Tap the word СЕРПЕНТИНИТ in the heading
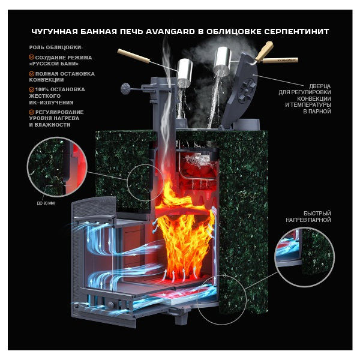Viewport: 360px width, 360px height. pos(295,31)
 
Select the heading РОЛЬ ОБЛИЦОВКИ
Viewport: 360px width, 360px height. pos(56,47)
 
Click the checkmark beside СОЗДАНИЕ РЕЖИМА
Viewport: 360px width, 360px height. pos(31,57)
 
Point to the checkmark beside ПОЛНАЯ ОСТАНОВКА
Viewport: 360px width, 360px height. pos(31,74)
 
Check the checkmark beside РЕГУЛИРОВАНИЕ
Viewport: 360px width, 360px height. pos(31,112)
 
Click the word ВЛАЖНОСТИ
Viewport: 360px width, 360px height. pos(49,124)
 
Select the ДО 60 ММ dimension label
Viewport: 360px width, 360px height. pos(46,202)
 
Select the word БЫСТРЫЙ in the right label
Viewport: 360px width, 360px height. pos(317,213)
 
